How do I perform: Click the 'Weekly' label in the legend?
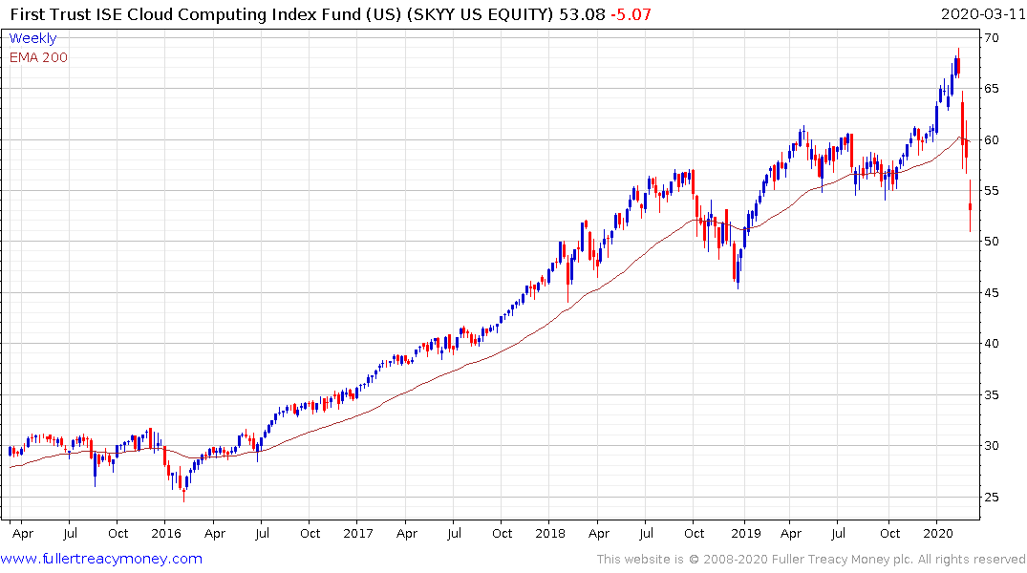point(32,38)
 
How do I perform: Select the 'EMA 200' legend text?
point(38,57)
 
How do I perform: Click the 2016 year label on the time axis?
point(165,533)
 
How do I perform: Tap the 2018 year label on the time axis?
point(551,533)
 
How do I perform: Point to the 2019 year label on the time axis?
point(744,533)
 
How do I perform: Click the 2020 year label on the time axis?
point(939,533)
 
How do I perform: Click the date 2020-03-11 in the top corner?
point(979,14)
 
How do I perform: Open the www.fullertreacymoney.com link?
point(102,559)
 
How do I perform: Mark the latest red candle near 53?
point(970,206)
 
